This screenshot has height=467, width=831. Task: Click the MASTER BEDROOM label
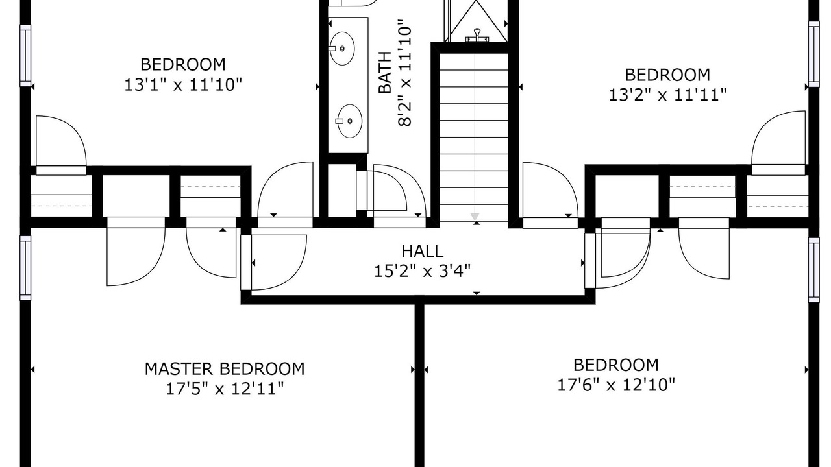(225, 369)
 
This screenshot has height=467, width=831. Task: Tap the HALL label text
(422, 251)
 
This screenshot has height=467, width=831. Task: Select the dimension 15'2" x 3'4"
(422, 271)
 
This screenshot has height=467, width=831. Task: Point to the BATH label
(385, 73)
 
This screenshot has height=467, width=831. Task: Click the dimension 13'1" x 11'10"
(183, 85)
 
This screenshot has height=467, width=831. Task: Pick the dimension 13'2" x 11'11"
(667, 95)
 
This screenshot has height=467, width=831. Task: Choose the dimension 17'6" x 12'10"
(616, 385)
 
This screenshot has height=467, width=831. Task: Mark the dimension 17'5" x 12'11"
(225, 389)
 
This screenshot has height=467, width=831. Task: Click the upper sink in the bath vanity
(341, 49)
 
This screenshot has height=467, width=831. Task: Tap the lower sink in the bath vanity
(349, 121)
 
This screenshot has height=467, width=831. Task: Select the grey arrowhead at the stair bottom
(475, 217)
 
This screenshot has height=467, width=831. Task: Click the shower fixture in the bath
(477, 35)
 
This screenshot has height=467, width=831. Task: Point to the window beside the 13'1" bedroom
(25, 56)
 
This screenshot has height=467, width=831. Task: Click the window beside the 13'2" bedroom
(813, 54)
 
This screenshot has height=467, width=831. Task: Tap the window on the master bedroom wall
(25, 268)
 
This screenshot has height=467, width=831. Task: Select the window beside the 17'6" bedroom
(813, 270)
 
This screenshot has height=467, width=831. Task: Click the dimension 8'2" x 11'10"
(405, 76)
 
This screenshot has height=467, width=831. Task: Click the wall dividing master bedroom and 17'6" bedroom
(419, 385)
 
